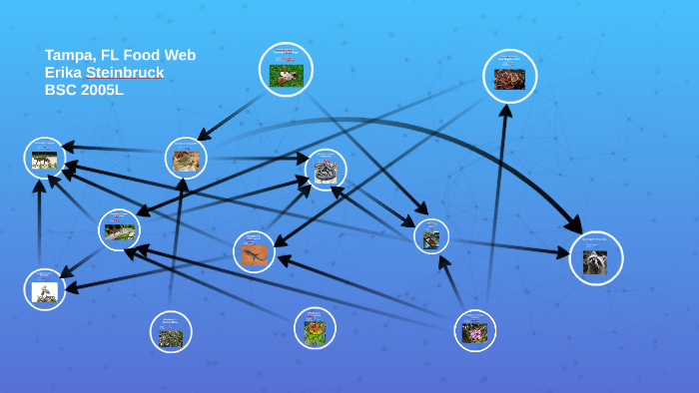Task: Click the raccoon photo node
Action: tap(596, 258)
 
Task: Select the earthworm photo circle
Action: tap(509, 77)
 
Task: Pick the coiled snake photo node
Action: tap(326, 170)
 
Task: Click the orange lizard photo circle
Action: tap(254, 251)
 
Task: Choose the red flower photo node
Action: tap(315, 328)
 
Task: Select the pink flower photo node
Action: tap(474, 330)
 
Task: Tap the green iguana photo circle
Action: tap(119, 230)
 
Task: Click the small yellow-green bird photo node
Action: tap(431, 236)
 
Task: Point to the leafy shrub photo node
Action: tap(171, 332)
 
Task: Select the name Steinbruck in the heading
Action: tap(125, 72)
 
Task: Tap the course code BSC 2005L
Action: tap(84, 89)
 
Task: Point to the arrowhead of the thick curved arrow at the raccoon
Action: tap(575, 225)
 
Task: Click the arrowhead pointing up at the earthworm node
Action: tap(505, 112)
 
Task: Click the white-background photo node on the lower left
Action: tap(45, 289)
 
